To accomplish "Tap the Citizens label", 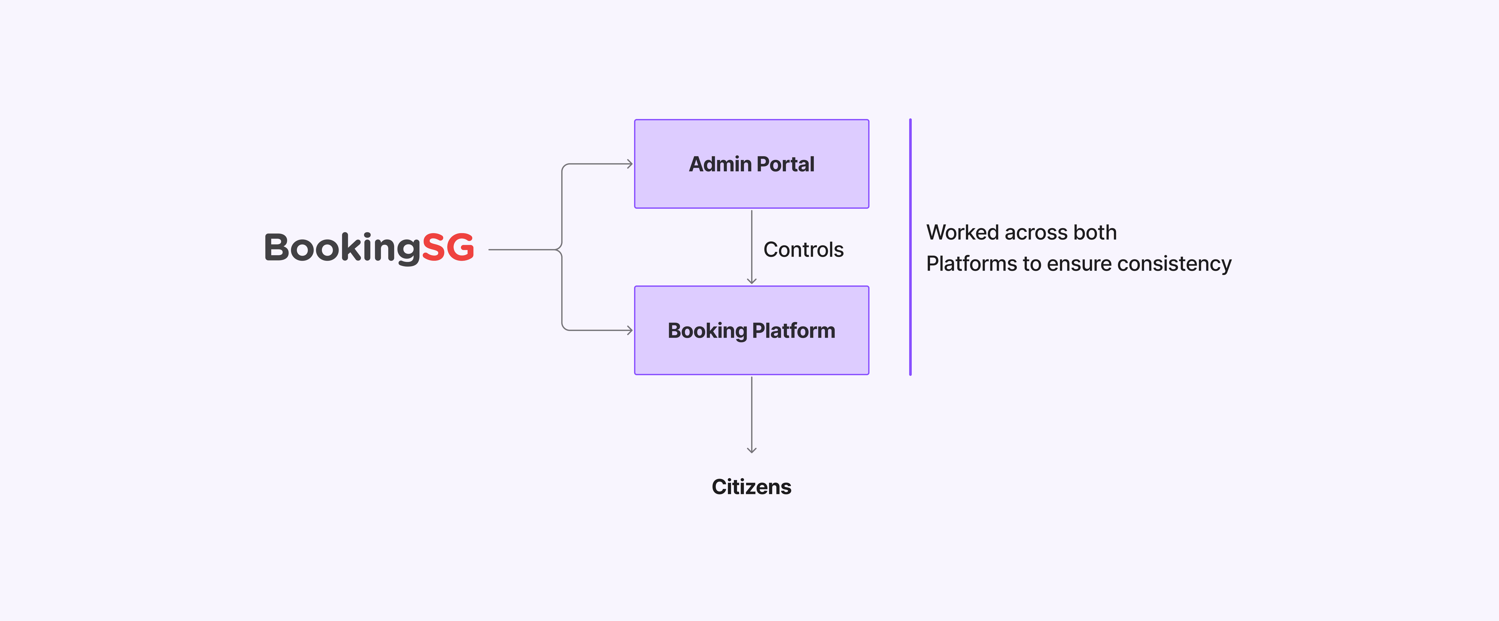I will tap(751, 487).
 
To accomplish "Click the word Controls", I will tap(803, 250).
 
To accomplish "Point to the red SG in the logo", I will tap(447, 247).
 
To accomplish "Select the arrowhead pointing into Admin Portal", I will tap(630, 164).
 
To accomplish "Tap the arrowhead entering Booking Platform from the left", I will tap(630, 331).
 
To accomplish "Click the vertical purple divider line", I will tap(910, 247).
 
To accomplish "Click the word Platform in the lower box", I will tap(794, 331).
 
